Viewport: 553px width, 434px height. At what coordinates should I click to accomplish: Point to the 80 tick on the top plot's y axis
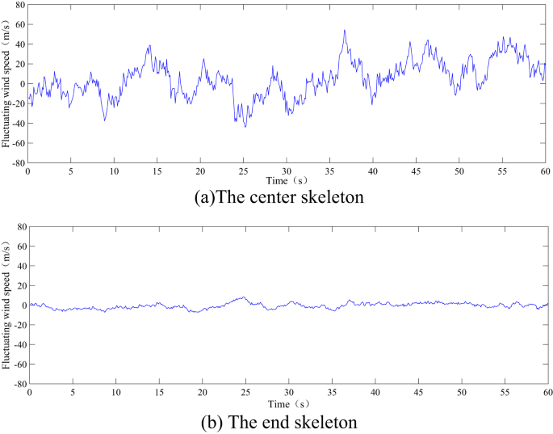point(18,5)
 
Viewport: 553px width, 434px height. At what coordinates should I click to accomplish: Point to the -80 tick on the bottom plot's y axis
point(16,385)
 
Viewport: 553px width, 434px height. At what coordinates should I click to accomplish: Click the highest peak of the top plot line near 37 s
point(344,31)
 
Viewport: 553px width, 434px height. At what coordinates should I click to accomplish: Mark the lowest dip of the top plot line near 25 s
point(245,127)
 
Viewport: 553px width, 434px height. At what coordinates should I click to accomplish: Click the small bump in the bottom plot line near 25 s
point(243,297)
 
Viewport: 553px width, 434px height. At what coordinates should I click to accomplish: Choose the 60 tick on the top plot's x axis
point(545,172)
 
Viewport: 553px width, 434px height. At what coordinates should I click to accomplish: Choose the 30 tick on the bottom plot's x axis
point(288,393)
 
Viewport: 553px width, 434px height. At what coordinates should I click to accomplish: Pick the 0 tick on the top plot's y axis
point(21,83)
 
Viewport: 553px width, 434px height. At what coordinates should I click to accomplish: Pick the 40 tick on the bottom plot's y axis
point(18,266)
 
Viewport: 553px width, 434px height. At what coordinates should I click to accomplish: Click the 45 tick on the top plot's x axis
point(416,172)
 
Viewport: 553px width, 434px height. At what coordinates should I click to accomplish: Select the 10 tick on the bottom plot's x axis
point(115,393)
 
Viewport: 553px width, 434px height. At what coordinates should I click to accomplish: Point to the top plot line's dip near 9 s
point(104,120)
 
